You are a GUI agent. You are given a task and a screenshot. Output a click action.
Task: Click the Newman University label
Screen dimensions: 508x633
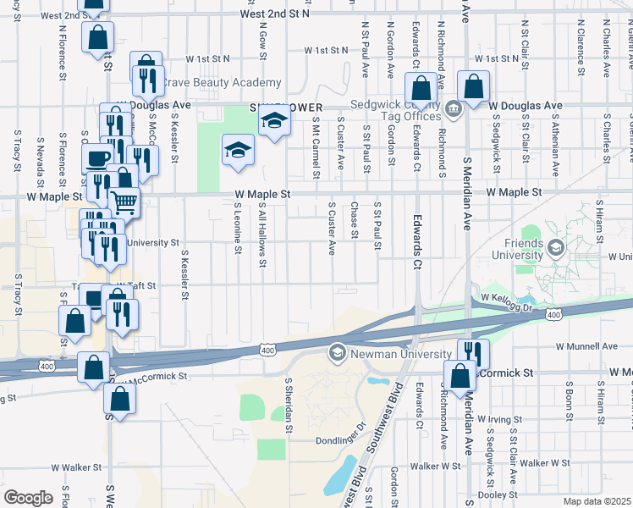(x=387, y=351)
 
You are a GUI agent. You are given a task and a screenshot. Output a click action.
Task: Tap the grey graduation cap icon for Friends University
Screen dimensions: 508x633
(x=556, y=247)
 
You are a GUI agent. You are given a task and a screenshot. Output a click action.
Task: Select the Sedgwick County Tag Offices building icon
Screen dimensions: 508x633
(x=453, y=108)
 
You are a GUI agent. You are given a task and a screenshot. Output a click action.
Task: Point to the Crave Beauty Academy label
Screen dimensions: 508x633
(x=222, y=82)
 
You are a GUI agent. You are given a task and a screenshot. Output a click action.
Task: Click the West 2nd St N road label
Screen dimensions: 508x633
(x=275, y=14)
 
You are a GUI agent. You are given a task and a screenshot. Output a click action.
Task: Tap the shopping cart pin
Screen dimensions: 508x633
(x=124, y=202)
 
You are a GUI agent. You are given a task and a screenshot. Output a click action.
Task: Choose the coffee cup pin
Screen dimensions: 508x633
(x=96, y=158)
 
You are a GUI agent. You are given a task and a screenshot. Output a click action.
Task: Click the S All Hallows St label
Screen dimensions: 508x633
(x=263, y=238)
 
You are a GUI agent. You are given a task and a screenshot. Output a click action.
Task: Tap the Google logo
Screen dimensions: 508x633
(x=28, y=497)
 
